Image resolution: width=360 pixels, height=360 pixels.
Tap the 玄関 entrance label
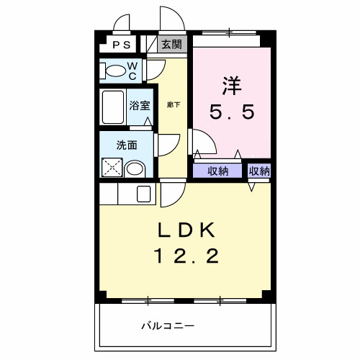(171, 44)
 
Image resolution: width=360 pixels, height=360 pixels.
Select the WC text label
(133, 69)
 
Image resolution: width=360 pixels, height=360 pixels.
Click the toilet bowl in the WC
(115, 71)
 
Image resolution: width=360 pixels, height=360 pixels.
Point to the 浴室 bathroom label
(140, 106)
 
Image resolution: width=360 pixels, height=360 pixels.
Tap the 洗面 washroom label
(127, 144)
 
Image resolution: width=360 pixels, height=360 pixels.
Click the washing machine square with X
(112, 168)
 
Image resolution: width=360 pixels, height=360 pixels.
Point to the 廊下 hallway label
(173, 105)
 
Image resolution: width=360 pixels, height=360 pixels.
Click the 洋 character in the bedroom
(231, 85)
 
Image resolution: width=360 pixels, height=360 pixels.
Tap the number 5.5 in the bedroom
(231, 113)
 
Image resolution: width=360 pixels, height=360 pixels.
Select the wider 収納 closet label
(218, 171)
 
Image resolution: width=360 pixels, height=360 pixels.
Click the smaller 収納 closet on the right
(259, 171)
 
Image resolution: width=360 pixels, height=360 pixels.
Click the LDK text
(185, 230)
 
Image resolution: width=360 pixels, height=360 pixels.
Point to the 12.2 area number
(185, 256)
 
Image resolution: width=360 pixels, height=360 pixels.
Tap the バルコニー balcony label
(166, 327)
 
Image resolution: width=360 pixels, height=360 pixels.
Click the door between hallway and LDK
(172, 192)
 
